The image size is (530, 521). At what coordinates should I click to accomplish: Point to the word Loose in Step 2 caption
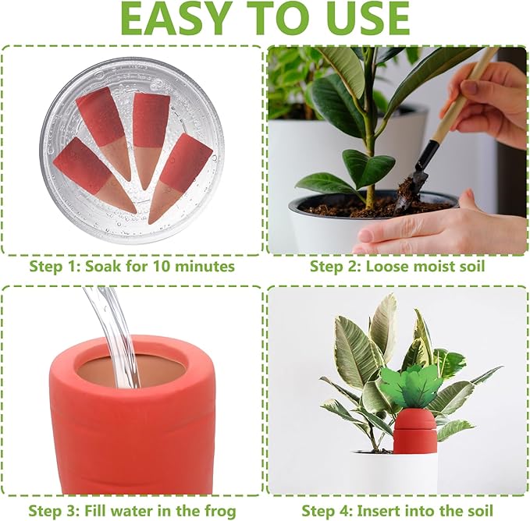pyautogui.click(x=387, y=267)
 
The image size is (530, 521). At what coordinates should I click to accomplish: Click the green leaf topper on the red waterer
pyautogui.click(x=411, y=387)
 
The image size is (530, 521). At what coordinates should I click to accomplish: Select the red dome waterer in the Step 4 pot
pyautogui.click(x=414, y=431)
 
